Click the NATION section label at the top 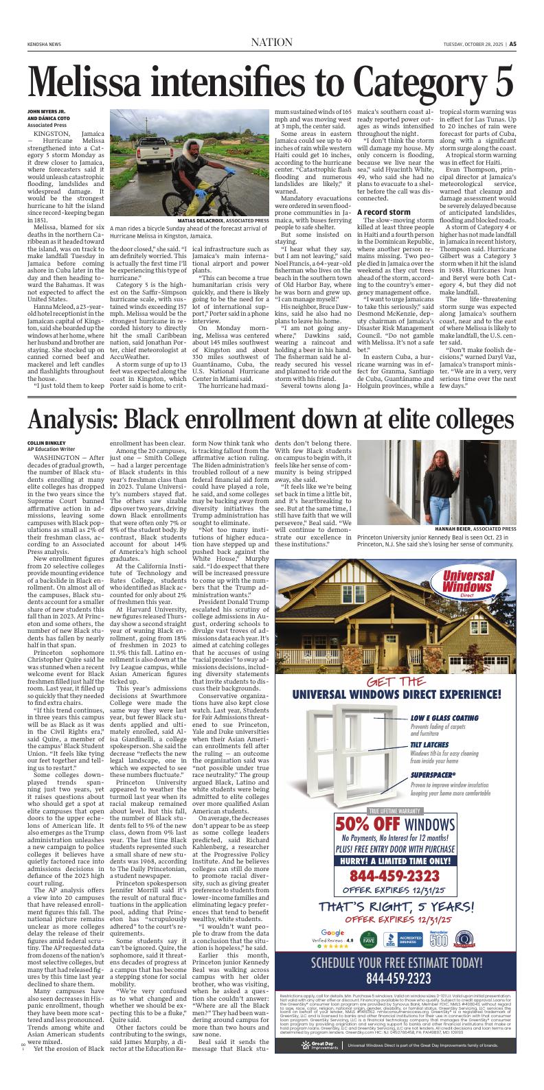click(x=272, y=43)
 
